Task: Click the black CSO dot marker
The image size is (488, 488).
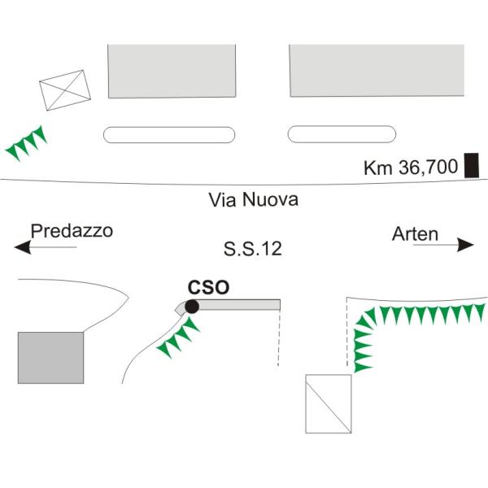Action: click(x=192, y=307)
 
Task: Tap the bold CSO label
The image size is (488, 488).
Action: click(x=208, y=287)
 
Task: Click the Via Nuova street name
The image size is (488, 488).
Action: click(x=253, y=199)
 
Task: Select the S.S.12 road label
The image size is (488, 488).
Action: click(x=253, y=249)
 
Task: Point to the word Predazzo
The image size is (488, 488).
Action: click(x=72, y=231)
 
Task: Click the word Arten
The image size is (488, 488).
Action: click(x=415, y=234)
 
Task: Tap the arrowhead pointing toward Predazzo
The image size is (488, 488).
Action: click(x=23, y=247)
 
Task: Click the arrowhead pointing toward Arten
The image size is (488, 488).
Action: click(x=465, y=245)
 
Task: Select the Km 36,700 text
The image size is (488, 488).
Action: click(x=411, y=167)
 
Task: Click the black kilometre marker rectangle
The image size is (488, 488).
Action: click(x=472, y=165)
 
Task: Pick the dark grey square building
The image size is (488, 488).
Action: click(x=50, y=358)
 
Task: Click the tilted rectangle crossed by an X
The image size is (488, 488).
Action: click(x=65, y=90)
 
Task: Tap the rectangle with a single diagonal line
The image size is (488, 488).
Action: click(x=329, y=403)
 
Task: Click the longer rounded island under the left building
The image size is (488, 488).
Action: click(x=169, y=135)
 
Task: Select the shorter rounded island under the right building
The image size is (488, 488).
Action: click(x=342, y=134)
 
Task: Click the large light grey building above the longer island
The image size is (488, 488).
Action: click(x=172, y=72)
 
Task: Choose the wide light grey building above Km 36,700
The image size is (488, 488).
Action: click(x=377, y=71)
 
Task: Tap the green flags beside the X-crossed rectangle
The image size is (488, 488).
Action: click(x=27, y=143)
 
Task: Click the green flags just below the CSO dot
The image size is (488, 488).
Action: click(x=178, y=338)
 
